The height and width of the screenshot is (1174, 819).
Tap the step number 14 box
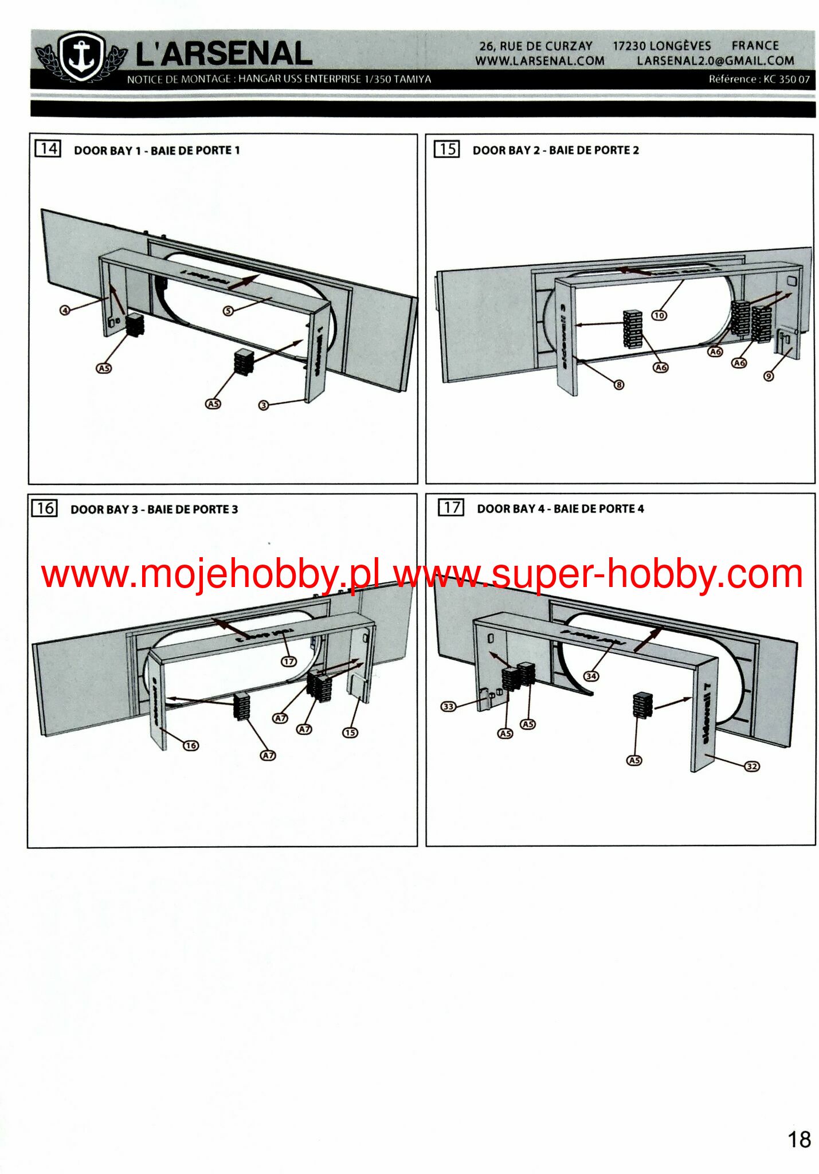point(48,149)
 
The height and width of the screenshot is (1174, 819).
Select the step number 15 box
point(446,149)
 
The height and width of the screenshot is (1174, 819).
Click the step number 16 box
point(45,508)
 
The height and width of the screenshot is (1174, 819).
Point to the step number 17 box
point(450,507)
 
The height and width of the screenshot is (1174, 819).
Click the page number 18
point(799,1140)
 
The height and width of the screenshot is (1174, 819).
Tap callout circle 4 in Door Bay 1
point(65,310)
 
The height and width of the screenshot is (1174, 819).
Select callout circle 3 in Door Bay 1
point(264,405)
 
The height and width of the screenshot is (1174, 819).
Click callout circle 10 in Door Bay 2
point(659,315)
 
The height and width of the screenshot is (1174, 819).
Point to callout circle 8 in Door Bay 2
point(619,385)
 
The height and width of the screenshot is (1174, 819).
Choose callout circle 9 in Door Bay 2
point(769,376)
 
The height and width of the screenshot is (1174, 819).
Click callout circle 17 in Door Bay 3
point(289,661)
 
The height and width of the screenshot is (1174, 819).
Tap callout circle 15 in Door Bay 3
point(350,732)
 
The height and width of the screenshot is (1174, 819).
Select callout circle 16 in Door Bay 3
point(191,745)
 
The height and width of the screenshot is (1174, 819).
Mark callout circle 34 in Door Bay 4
point(591,676)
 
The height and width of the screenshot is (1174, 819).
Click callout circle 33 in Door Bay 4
point(448,706)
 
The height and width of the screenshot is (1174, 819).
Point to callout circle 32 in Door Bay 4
point(752,766)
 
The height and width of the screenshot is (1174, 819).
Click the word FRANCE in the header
point(755,46)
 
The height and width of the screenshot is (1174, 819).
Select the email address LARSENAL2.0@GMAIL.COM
point(715,61)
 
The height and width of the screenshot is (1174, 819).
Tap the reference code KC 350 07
point(786,79)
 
